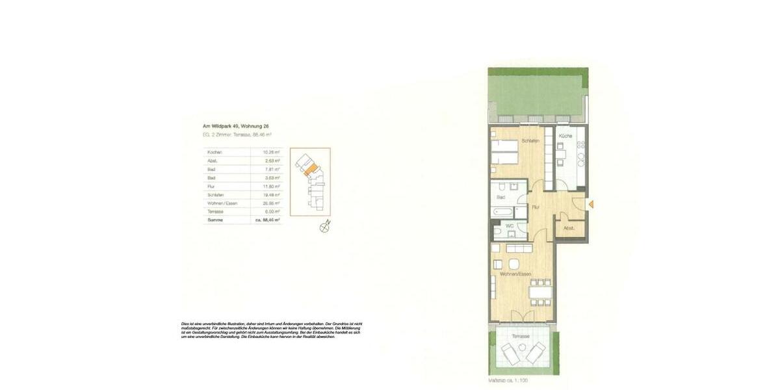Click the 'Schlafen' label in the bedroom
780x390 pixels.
click(530, 140)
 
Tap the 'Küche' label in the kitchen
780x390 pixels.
click(565, 136)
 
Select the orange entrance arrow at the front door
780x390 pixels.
click(591, 204)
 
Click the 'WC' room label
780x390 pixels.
click(510, 227)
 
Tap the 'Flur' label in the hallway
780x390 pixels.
click(536, 207)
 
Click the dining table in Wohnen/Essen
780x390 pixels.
click(541, 292)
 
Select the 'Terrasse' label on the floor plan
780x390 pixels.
click(520, 336)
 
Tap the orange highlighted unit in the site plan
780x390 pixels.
click(311, 171)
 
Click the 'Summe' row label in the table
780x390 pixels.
click(216, 220)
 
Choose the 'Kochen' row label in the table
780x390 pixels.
click(215, 152)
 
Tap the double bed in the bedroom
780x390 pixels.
click(505, 151)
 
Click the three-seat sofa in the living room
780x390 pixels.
click(519, 249)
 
